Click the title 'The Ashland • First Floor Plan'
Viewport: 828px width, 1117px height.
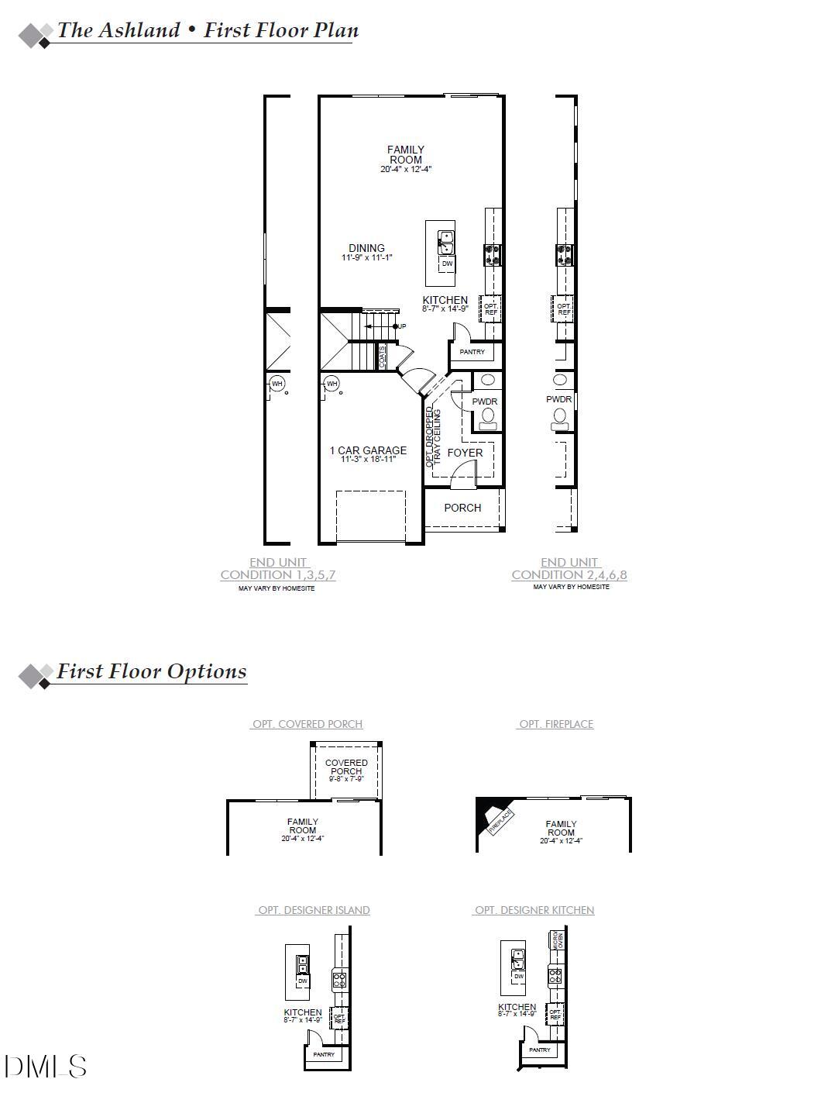click(x=208, y=31)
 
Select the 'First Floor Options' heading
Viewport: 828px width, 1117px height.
click(x=152, y=672)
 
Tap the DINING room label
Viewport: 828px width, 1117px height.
click(x=366, y=248)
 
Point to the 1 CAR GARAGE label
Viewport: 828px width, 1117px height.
click(x=368, y=450)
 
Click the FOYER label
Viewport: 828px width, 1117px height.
click(x=465, y=453)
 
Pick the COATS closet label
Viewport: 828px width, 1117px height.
click(x=383, y=357)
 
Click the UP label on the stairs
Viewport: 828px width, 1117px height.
click(x=401, y=326)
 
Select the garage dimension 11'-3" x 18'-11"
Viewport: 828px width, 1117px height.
click(x=368, y=460)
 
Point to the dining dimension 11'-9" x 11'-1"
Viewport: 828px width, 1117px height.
click(x=367, y=257)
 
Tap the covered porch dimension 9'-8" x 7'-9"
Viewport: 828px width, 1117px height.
click(x=346, y=779)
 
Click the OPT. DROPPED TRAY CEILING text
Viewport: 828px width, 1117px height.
click(x=433, y=436)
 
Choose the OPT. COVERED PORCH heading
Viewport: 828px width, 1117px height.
click(x=307, y=724)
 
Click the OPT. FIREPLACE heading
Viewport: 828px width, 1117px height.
click(x=556, y=724)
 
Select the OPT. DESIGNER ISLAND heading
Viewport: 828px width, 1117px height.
click(x=314, y=910)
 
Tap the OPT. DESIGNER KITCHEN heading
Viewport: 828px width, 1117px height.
click(x=534, y=910)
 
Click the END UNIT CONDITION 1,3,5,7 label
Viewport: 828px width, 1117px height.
click(x=278, y=569)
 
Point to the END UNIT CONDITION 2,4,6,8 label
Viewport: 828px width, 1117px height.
click(x=569, y=569)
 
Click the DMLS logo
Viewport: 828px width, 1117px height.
click(x=46, y=1067)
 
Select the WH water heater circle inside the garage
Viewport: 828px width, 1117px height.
click(x=332, y=384)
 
